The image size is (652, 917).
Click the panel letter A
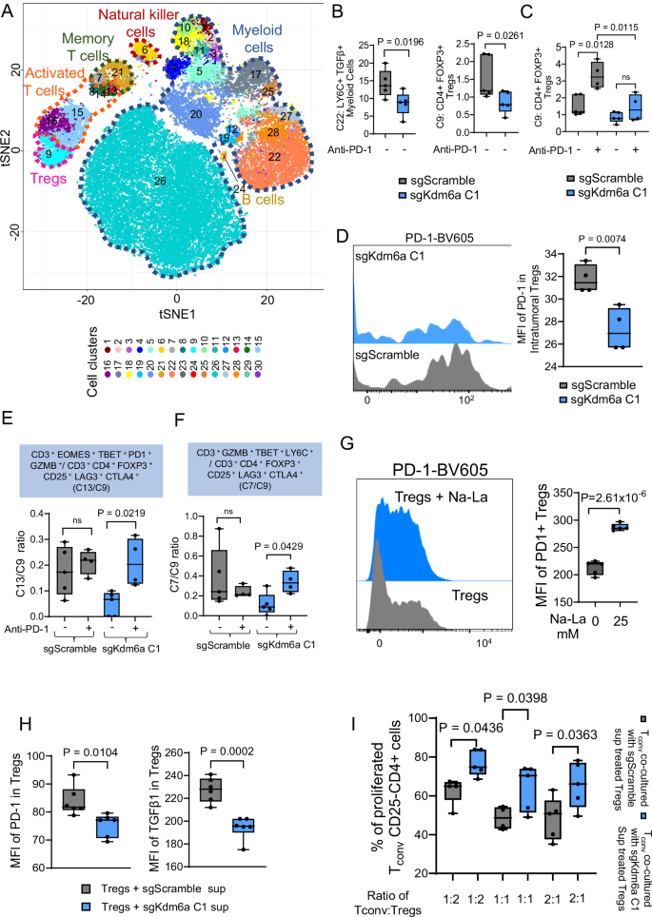[x=9, y=11]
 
